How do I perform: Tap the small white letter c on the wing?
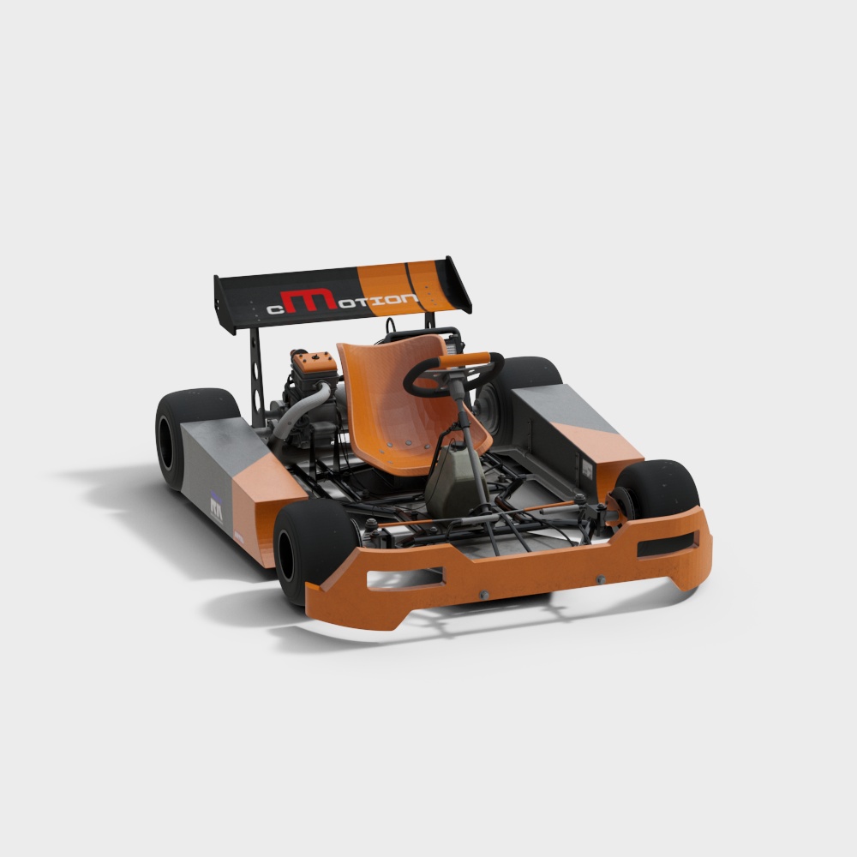point(275,310)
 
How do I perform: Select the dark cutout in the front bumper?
point(666,546)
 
